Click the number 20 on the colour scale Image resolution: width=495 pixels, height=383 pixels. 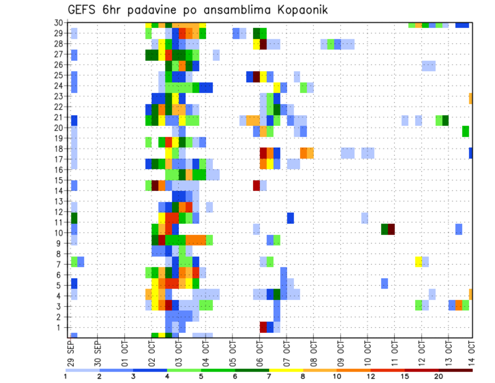439,376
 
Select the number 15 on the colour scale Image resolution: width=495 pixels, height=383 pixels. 405,376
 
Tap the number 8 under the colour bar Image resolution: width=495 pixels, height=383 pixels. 303,376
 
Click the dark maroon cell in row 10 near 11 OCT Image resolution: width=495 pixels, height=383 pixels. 391,229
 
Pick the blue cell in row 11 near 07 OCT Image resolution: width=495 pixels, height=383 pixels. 290,218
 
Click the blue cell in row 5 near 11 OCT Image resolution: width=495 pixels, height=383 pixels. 385,283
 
